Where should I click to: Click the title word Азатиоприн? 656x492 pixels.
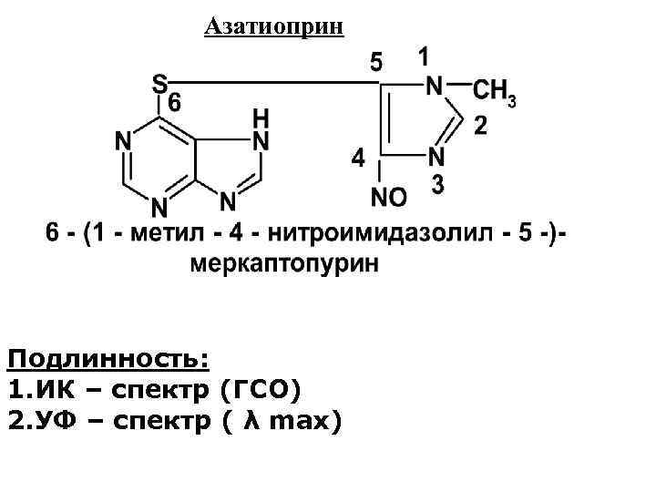274,26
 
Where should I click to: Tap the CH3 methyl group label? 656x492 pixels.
495,91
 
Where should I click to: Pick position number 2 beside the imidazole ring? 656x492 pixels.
480,127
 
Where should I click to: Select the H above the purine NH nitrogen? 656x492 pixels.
261,119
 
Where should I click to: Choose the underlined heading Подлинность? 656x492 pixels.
108,358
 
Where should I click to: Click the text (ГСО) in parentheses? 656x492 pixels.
260,390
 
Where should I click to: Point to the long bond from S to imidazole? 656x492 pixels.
273,83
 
